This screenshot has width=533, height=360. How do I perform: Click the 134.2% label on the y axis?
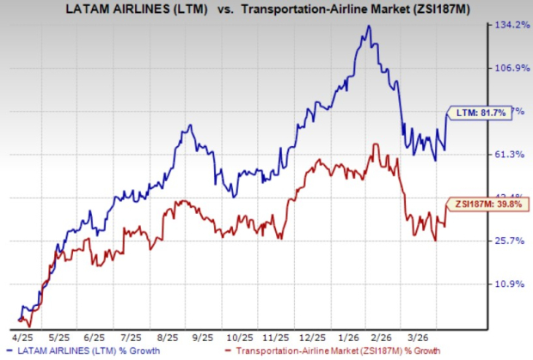point(510,25)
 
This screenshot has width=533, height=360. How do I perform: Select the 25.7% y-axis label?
point(510,241)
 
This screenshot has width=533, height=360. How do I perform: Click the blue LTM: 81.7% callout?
point(471,112)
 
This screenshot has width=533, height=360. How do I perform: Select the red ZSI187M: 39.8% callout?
point(478,204)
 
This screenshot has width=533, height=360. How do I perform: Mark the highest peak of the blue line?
point(369,26)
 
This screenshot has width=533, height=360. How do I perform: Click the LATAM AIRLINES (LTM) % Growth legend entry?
point(75,351)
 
